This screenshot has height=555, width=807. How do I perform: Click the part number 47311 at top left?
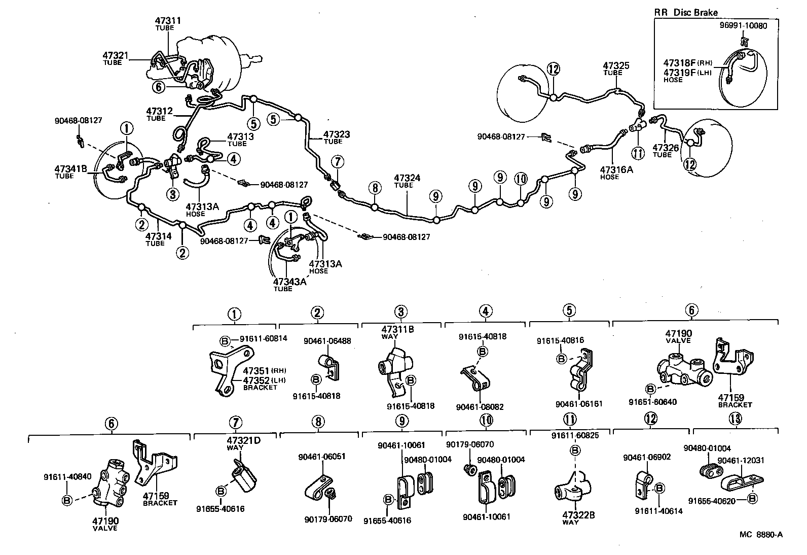[168, 21]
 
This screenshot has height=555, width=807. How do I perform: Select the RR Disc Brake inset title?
[686, 13]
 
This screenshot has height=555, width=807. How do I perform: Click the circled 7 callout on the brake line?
[337, 161]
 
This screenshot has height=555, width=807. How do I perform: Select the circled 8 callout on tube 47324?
[375, 188]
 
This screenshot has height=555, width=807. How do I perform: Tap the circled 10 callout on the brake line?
[521, 179]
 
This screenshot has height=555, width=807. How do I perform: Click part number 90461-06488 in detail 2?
[327, 341]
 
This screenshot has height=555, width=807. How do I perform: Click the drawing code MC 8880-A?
[760, 534]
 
